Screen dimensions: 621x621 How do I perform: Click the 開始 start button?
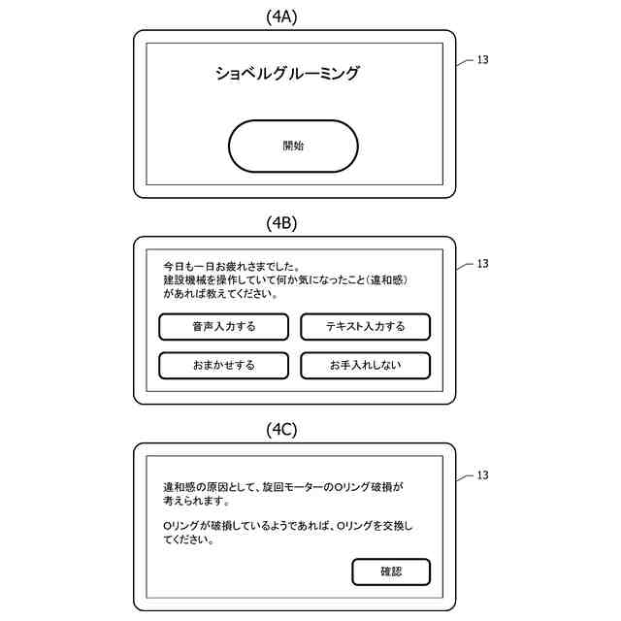coord(293,147)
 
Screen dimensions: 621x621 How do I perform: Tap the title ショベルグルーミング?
coord(287,74)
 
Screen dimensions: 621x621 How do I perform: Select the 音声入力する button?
coord(224,327)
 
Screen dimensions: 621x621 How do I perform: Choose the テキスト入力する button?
coord(365,327)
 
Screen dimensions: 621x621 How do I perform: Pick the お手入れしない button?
coord(365,366)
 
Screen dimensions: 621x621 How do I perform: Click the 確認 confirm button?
coord(391,572)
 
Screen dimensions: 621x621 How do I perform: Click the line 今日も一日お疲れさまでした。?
coord(231,265)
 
